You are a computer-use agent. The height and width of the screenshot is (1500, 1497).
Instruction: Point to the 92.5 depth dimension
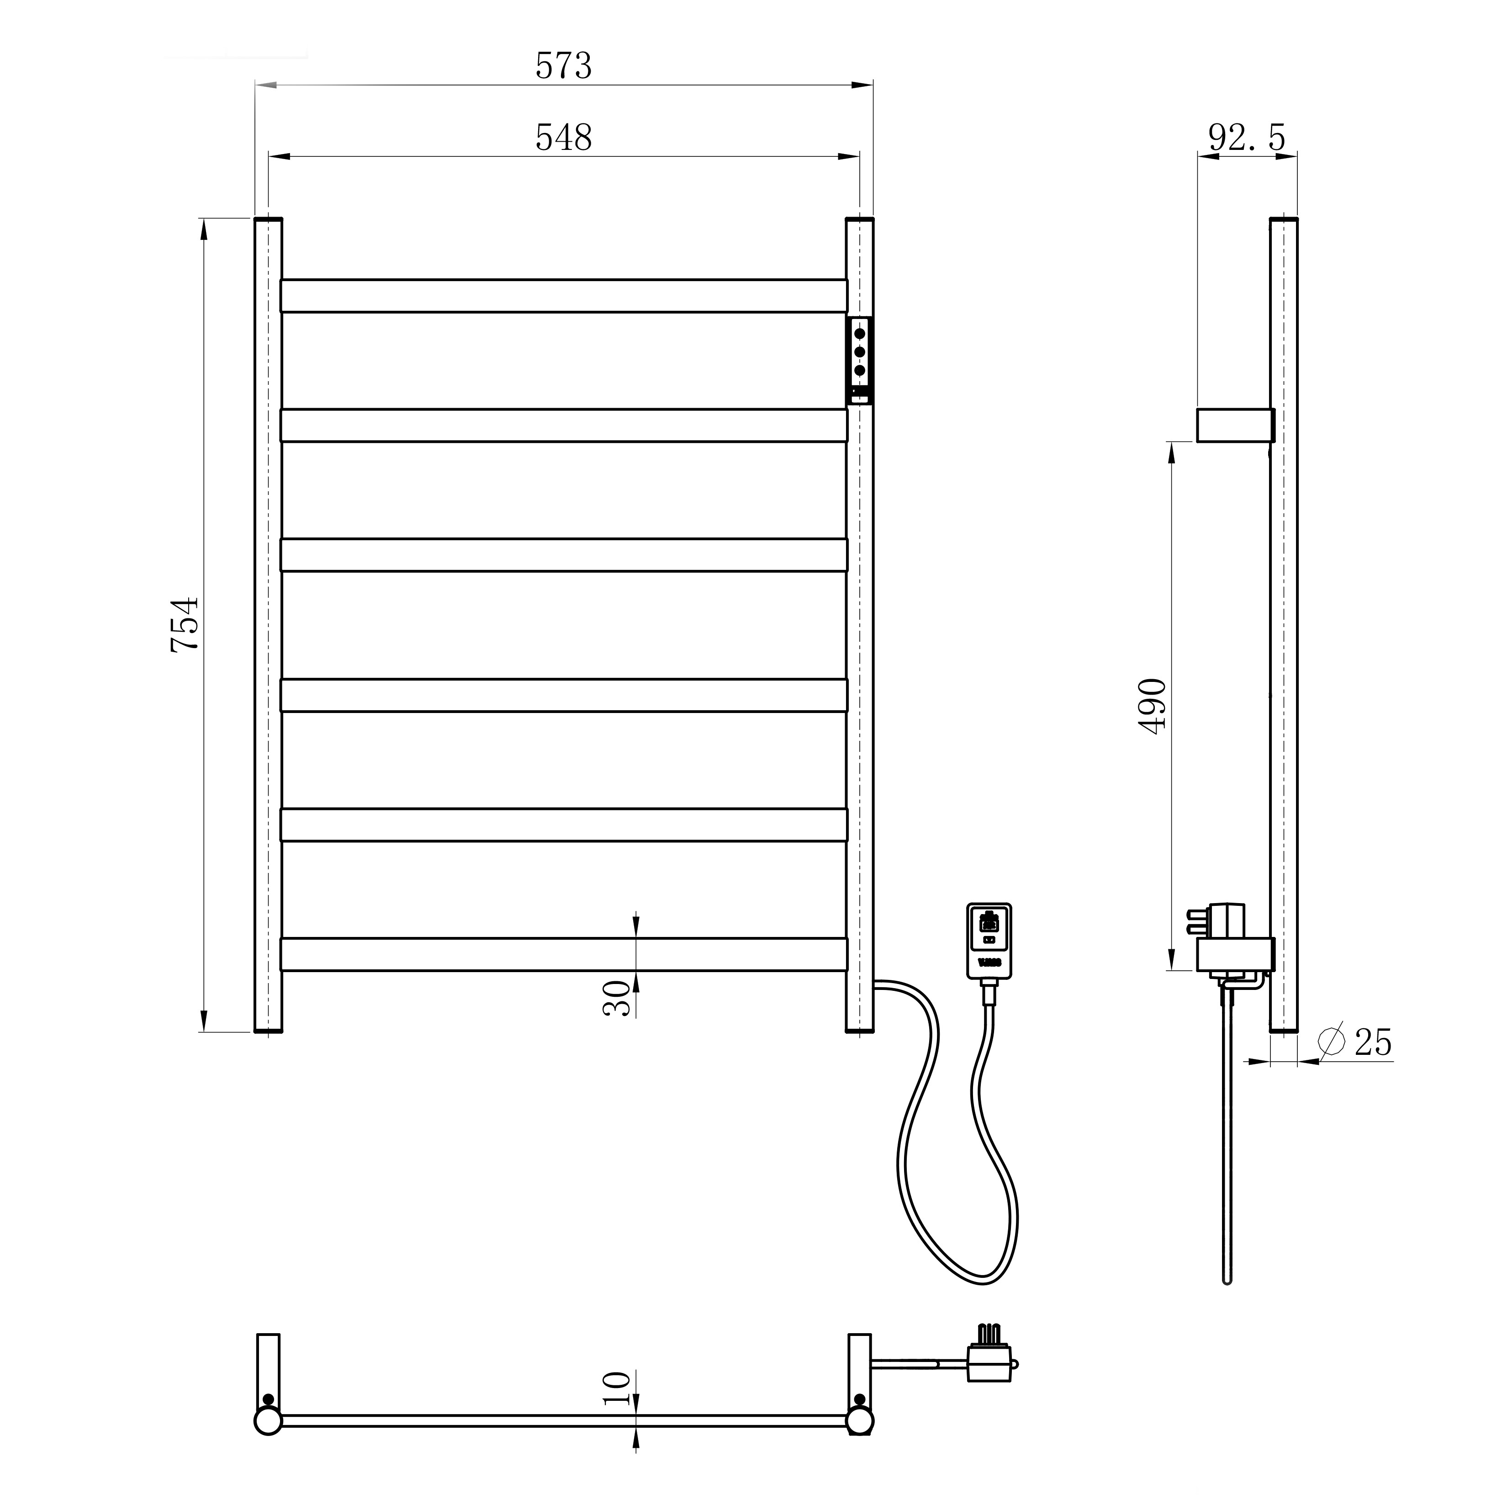1247,138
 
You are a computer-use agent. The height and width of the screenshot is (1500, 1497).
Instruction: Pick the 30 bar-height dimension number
617,998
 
